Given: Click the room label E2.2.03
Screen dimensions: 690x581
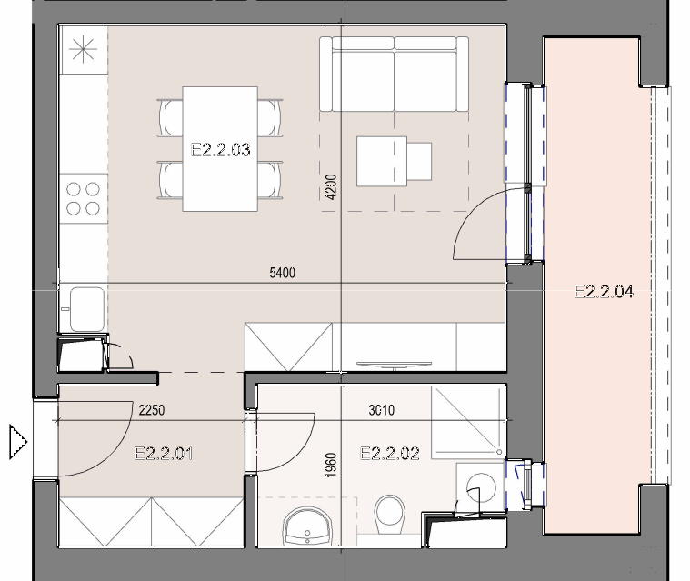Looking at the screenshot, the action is [x=221, y=150].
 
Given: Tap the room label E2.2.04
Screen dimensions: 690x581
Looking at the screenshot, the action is [x=605, y=292].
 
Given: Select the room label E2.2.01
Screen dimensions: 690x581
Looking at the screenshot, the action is [x=164, y=454].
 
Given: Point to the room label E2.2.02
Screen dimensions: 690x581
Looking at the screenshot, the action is [x=390, y=454].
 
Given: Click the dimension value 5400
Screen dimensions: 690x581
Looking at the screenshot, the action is [x=282, y=273].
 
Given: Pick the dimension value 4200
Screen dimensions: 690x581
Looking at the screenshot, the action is [x=332, y=187].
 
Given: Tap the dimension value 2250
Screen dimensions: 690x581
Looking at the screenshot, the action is [x=152, y=410].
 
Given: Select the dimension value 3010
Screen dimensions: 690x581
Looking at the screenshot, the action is [x=382, y=410].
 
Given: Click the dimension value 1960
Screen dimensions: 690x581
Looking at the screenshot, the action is [x=331, y=466].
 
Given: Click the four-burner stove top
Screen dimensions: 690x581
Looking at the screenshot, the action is [x=83, y=198].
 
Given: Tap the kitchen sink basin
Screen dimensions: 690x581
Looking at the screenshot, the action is [x=87, y=309].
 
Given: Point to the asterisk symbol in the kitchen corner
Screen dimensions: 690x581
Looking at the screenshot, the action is [x=83, y=49].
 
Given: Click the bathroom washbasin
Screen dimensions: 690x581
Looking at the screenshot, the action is [x=307, y=526].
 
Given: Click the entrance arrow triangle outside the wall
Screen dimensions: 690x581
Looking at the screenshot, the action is [x=18, y=442].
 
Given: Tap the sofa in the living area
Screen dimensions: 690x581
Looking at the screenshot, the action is [x=395, y=74].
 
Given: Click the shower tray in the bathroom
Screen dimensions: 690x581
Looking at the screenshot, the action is [x=468, y=423].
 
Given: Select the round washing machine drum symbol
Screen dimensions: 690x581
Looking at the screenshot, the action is [x=481, y=487].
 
